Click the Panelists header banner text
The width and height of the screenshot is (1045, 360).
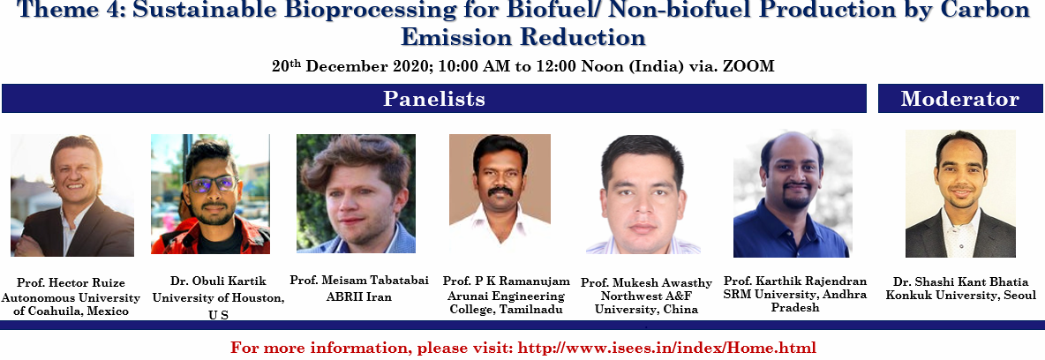pyautogui.click(x=434, y=99)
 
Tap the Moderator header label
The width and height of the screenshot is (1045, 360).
pyautogui.click(x=959, y=99)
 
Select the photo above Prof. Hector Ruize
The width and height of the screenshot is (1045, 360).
pyautogui.click(x=72, y=195)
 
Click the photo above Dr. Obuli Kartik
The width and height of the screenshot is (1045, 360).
pyautogui.click(x=211, y=194)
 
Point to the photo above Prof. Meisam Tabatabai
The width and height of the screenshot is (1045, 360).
pyautogui.click(x=356, y=193)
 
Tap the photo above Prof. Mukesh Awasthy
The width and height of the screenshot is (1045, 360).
pyautogui.click(x=643, y=195)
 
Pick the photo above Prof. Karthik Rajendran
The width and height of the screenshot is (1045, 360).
pyautogui.click(x=793, y=194)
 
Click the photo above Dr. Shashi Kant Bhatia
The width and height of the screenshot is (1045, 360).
pyautogui.click(x=960, y=193)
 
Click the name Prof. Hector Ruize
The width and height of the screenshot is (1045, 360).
pyautogui.click(x=71, y=282)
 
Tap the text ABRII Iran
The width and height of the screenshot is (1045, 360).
pyautogui.click(x=358, y=297)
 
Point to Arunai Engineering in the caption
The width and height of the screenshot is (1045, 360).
pyautogui.click(x=506, y=296)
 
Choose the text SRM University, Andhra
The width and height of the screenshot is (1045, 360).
pyautogui.click(x=795, y=295)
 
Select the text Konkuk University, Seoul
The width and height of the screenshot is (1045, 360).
pyautogui.click(x=960, y=296)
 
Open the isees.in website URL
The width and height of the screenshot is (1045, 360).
pyautogui.click(x=666, y=348)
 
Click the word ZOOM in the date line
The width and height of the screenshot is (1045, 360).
pyautogui.click(x=748, y=66)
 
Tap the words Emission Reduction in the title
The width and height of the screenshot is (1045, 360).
pyautogui.click(x=523, y=37)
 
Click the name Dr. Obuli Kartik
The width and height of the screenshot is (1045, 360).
pyautogui.click(x=209, y=282)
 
